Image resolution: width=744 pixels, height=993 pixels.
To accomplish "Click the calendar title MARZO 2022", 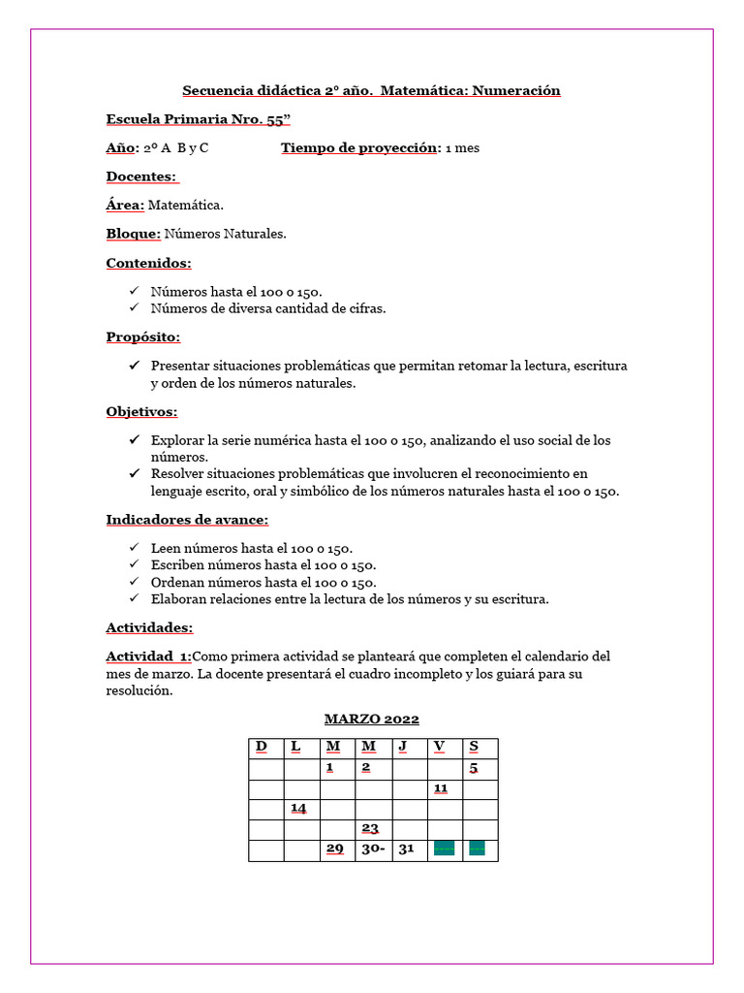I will click(x=371, y=719).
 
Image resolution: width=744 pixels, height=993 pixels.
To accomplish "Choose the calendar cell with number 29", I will click(x=335, y=849).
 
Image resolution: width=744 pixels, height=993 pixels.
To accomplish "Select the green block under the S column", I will click(x=477, y=849).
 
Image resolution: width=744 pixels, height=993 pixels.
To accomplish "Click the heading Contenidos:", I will click(x=148, y=263).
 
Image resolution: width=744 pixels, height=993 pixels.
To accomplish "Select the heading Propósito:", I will click(x=143, y=336).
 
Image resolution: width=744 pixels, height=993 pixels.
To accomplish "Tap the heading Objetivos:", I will click(x=141, y=411).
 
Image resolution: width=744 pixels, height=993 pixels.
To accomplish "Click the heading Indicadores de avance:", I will click(x=187, y=520).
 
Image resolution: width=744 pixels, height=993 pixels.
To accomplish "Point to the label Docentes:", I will click(x=141, y=176).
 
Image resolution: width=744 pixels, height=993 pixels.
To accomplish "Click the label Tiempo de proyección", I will click(x=359, y=148).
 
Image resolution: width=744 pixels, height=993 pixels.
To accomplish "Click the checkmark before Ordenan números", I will click(x=134, y=583).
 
